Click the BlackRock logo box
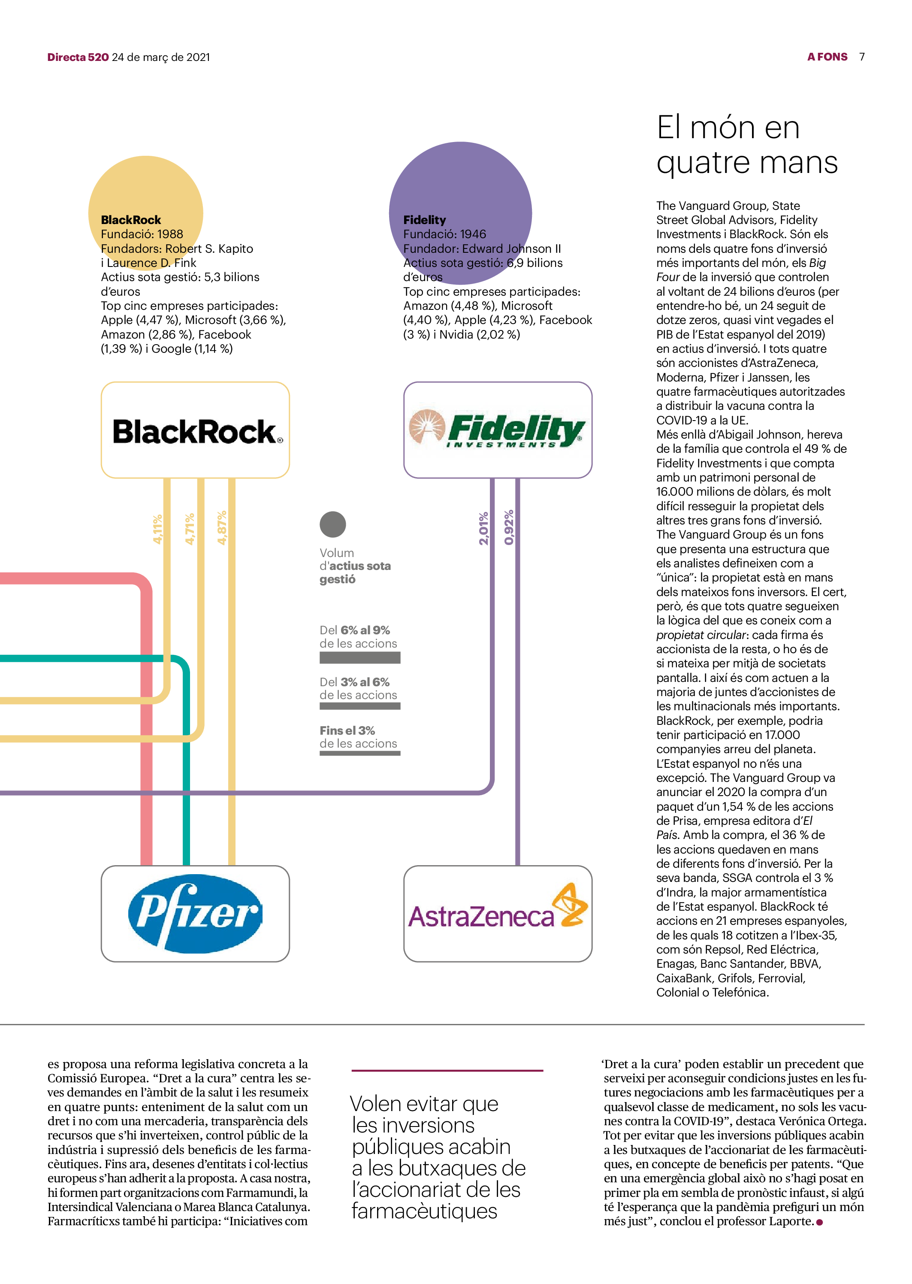tap(196, 430)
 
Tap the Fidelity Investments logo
tap(498, 430)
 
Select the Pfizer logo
tap(196, 913)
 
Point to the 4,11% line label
tap(158, 529)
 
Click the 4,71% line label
tap(190, 529)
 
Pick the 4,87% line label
tap(222, 528)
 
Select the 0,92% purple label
tap(509, 527)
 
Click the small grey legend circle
tap(333, 524)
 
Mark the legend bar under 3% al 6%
tap(360, 706)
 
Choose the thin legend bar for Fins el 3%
tap(360, 753)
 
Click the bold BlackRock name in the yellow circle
tap(131, 220)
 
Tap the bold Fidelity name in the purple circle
tap(425, 220)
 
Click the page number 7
tap(861, 57)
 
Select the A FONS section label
tap(827, 57)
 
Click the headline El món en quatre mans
tap(747, 145)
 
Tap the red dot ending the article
tap(819, 1222)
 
